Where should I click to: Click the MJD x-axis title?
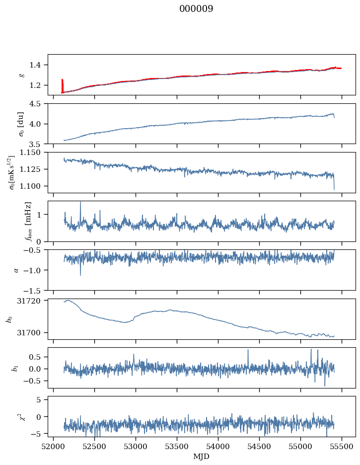(x=201, y=456)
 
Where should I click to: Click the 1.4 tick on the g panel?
(x=38, y=65)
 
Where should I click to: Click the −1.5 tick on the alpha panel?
(x=35, y=290)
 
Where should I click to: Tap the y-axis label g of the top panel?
(x=21, y=75)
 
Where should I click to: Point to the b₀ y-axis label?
(x=8, y=319)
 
